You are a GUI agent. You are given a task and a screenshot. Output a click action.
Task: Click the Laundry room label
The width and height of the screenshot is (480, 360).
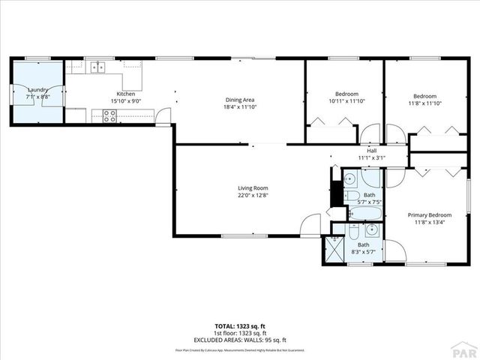click(17, 90)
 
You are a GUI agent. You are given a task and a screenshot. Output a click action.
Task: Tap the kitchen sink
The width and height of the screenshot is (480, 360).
click(98, 67)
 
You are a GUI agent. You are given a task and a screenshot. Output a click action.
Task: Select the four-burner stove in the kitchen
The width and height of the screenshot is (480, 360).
click(109, 115)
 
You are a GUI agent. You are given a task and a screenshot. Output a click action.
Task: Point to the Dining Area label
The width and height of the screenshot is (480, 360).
click(241, 100)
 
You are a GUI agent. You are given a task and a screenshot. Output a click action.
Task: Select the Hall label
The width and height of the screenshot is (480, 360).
click(371, 150)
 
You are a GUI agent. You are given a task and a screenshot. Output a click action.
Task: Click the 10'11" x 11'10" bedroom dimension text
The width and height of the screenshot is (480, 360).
click(346, 101)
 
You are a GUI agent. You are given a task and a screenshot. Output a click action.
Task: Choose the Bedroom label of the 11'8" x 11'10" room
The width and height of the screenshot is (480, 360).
click(424, 96)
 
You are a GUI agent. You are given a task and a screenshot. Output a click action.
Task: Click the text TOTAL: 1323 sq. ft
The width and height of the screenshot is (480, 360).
click(240, 326)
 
